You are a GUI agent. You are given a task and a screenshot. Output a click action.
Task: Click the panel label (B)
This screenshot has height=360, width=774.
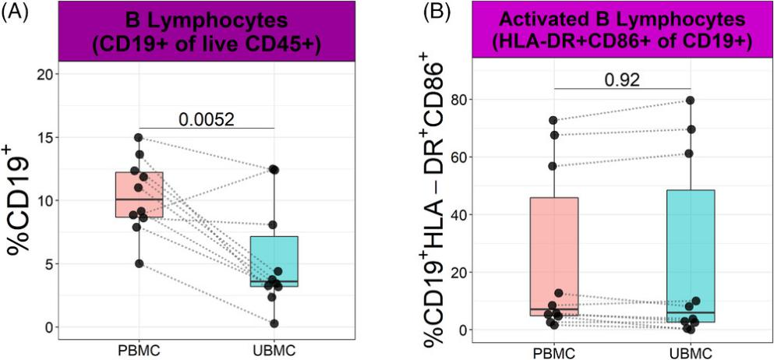413,11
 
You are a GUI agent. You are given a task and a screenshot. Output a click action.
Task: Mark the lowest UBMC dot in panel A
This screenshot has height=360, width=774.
274,323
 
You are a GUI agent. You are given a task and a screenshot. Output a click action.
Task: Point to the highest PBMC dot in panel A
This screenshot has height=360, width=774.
139,138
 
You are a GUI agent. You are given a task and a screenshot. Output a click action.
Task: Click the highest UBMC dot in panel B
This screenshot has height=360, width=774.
690,101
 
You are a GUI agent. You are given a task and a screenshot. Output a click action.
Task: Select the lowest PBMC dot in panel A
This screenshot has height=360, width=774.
139,263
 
